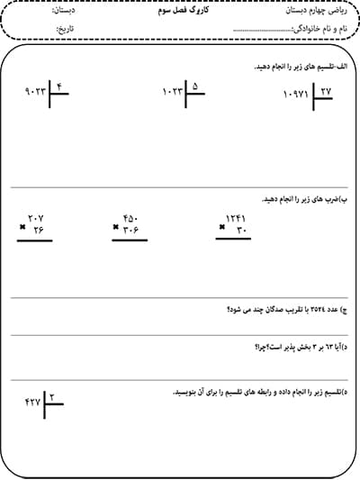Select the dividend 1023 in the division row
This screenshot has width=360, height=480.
coord(172,91)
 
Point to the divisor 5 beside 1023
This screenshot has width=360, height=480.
coord(195,86)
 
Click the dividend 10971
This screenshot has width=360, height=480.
coord(296,95)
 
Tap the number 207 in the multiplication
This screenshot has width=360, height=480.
coord(36,219)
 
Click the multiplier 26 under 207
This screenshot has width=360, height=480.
coord(38,231)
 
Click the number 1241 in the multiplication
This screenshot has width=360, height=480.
coord(236,218)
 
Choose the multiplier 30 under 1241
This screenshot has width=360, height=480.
coord(240,231)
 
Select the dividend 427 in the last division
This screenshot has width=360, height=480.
coord(32,401)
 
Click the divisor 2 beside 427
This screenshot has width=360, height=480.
coord(52,396)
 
